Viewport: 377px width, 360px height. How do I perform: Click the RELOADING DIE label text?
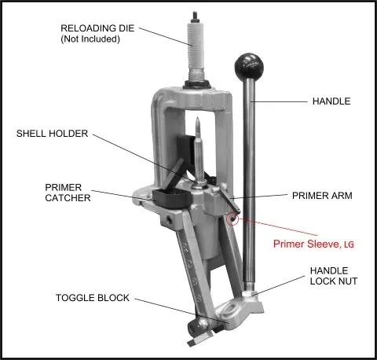pos(97,28)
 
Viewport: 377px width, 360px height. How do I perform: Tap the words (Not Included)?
pos(90,39)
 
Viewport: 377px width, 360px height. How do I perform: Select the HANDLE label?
pos(331,101)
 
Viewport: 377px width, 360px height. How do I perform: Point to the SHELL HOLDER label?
pos(52,134)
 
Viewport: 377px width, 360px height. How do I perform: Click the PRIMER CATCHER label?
pos(68,193)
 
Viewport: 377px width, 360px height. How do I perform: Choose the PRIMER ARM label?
pos(322,196)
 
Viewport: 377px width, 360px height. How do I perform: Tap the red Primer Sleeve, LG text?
pos(313,244)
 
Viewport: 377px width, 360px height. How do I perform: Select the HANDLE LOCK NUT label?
pos(334,276)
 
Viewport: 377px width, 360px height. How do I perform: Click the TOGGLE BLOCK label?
pos(93,298)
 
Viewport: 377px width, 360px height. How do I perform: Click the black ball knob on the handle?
pos(248,65)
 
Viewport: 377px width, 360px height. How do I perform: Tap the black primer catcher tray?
pos(171,199)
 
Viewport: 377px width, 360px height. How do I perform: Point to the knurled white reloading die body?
pos(196,45)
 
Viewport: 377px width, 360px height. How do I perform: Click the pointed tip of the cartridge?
pos(198,118)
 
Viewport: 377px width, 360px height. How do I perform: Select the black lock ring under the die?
pos(197,84)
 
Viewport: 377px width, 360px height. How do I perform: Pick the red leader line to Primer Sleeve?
pos(277,226)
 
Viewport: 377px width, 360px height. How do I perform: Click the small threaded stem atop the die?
pos(196,17)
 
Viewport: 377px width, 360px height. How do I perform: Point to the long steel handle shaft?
pos(249,181)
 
